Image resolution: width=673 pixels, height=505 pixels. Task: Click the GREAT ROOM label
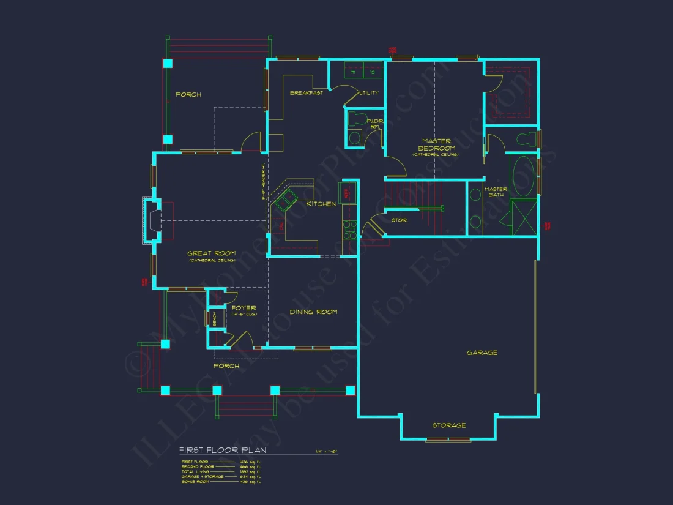point(212,253)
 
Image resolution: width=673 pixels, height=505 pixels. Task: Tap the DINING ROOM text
point(313,312)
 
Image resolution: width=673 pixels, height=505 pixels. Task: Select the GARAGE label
point(482,353)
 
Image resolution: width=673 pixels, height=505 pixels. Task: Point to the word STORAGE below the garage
point(449,425)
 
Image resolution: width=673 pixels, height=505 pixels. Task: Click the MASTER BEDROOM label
point(436,145)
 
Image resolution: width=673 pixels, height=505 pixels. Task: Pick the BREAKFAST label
point(306,93)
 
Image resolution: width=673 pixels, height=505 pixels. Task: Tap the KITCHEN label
point(321,204)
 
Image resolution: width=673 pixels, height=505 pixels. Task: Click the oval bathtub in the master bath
point(523,176)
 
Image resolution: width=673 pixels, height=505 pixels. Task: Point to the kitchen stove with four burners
point(349,229)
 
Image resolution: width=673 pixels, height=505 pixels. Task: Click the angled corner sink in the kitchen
point(285,200)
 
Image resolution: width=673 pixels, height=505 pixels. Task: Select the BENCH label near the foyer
point(214,319)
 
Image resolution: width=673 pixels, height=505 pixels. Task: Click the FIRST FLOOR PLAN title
point(222,451)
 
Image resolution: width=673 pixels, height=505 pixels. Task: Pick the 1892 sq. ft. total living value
point(253,472)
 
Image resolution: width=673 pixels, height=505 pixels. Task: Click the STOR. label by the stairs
point(400,220)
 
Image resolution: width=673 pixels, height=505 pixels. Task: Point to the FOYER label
point(244,309)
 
